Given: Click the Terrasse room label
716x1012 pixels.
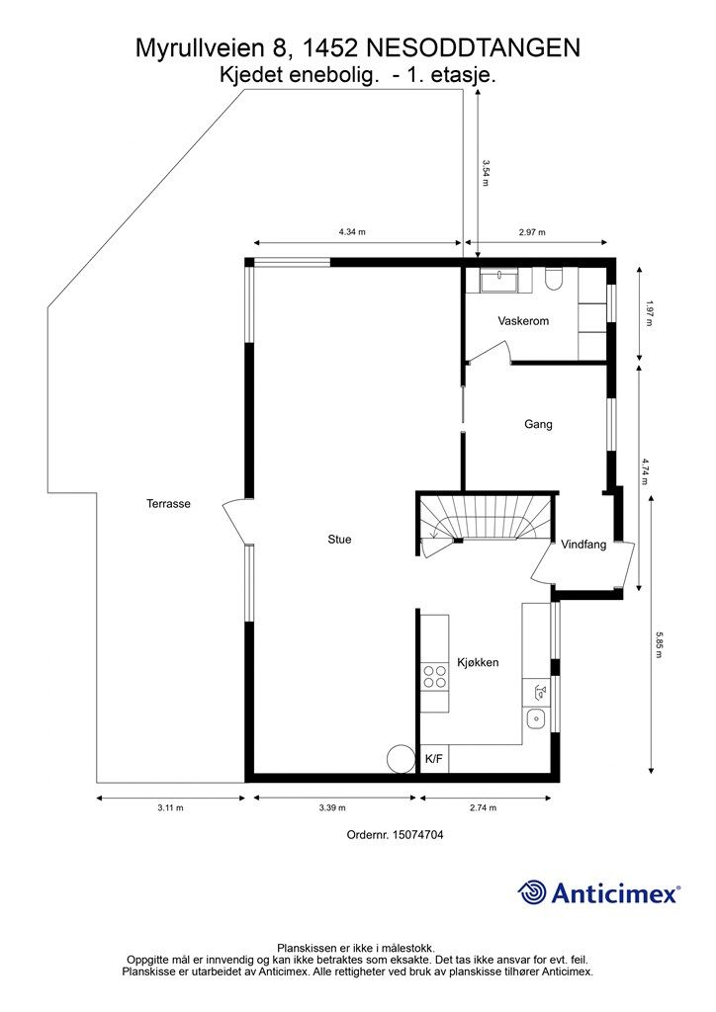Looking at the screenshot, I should pyautogui.click(x=168, y=503).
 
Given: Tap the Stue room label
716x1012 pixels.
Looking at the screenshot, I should pyautogui.click(x=339, y=540).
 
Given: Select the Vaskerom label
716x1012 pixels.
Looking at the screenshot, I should pyautogui.click(x=523, y=321).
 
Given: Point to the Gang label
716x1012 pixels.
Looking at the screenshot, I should pyautogui.click(x=538, y=424).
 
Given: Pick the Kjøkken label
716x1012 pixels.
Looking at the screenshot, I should pyautogui.click(x=477, y=662).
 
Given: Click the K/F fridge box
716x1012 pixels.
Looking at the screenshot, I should pyautogui.click(x=434, y=759).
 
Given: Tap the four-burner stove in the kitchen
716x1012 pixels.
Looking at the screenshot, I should pyautogui.click(x=434, y=676).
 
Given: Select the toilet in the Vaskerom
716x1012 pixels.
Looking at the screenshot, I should pyautogui.click(x=553, y=283).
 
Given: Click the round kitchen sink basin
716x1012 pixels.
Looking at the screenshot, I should pyautogui.click(x=535, y=718).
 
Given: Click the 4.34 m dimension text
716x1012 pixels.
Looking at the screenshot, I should pyautogui.click(x=352, y=232).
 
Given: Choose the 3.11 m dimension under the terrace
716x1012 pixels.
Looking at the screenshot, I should pyautogui.click(x=170, y=807).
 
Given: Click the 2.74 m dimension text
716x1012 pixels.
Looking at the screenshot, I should pyautogui.click(x=483, y=807).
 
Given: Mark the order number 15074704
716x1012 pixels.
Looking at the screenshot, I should pyautogui.click(x=395, y=835).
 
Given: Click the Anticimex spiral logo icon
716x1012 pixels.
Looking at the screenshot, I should pyautogui.click(x=533, y=892).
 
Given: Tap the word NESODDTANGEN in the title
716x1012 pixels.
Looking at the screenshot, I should pyautogui.click(x=473, y=46).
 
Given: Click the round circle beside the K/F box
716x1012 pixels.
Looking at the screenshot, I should pyautogui.click(x=401, y=758).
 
